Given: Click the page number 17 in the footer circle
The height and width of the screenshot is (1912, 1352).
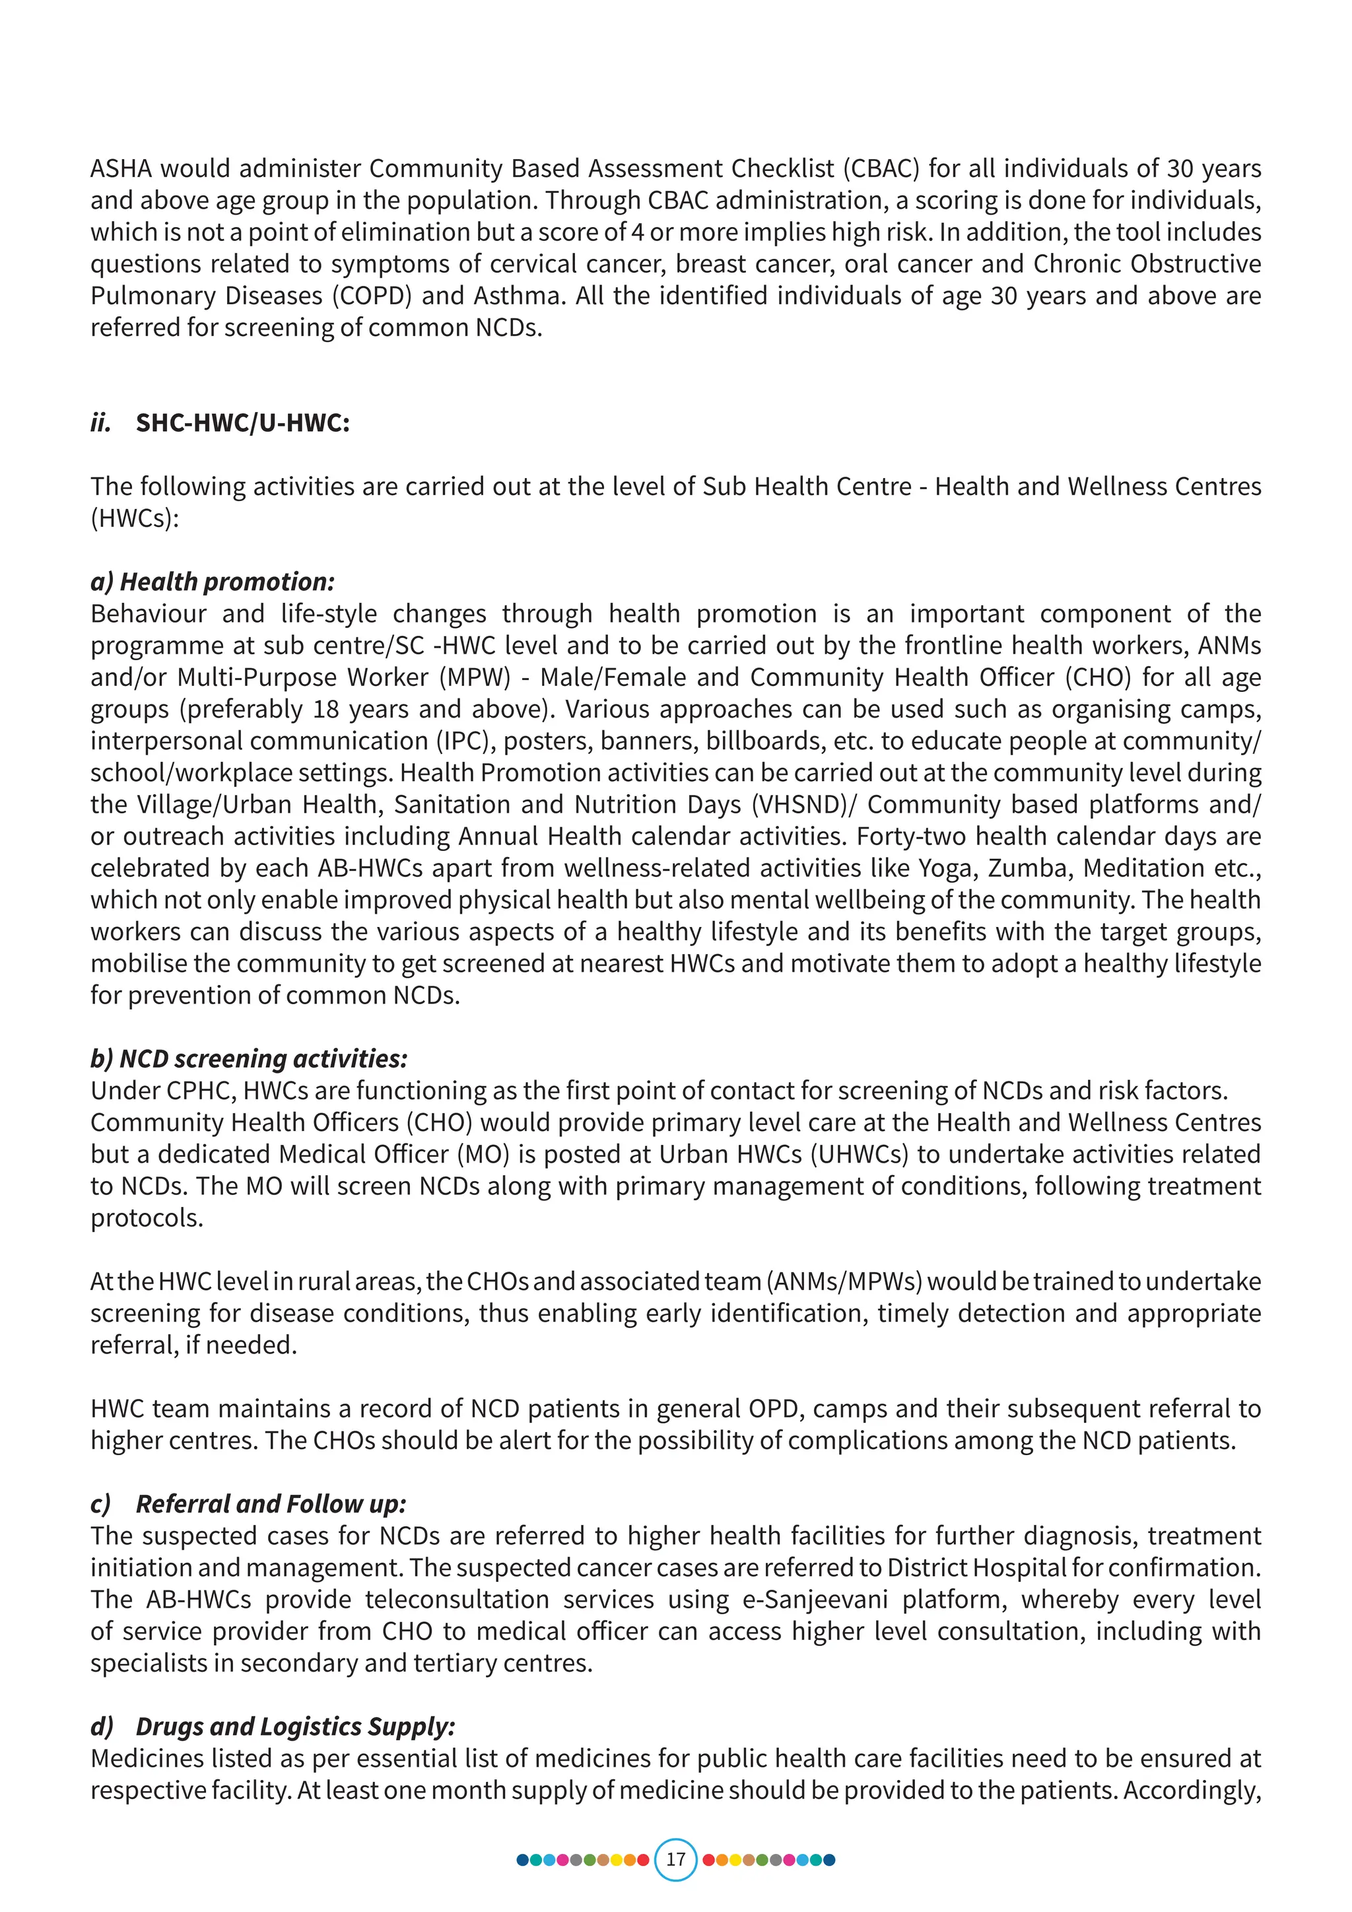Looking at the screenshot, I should coord(675,1859).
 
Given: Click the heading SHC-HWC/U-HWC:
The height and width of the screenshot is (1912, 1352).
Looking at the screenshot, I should coord(242,423).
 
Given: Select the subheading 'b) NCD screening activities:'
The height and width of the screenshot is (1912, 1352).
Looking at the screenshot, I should coord(249,1058).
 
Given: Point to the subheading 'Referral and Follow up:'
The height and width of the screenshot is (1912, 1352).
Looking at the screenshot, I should coord(271,1504).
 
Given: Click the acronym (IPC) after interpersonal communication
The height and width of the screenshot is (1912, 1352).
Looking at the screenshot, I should coord(463,741).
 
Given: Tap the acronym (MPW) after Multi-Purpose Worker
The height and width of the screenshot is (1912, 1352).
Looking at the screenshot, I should coord(475,677).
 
